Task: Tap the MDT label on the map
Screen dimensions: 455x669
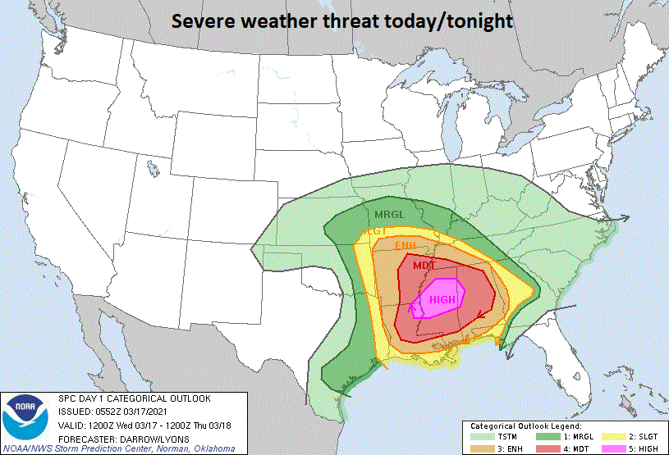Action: point(424,266)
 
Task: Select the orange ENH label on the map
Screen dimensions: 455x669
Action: point(406,246)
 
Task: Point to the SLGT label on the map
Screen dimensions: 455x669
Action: point(373,232)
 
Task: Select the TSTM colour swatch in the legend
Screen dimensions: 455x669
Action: point(479,438)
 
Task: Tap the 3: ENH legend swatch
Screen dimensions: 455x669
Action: point(479,448)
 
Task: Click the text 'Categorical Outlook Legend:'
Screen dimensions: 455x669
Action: point(525,426)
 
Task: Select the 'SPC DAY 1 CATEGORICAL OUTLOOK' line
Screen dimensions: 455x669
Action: point(134,398)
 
